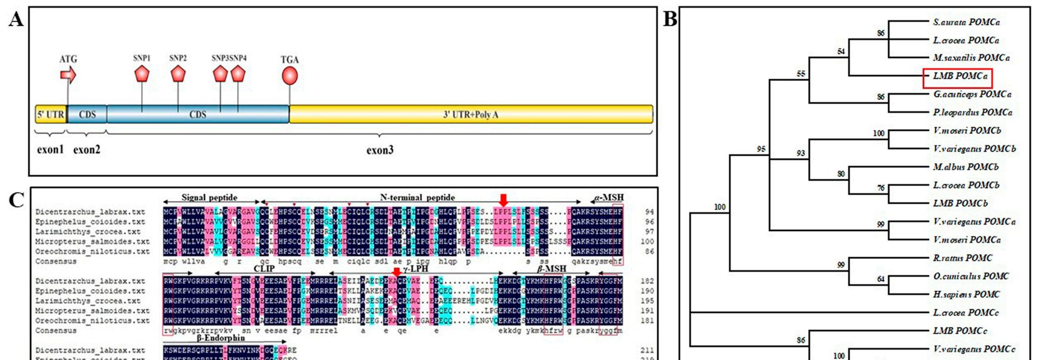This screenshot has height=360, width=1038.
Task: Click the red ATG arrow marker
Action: pyautogui.click(x=68, y=75)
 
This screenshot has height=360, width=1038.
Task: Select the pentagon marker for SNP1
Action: pyautogui.click(x=142, y=75)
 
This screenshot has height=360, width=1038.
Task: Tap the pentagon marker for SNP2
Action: pyautogui.click(x=178, y=74)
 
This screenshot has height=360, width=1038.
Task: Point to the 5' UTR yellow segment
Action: pyautogui.click(x=51, y=115)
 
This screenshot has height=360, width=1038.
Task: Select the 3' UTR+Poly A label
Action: pyautogui.click(x=470, y=115)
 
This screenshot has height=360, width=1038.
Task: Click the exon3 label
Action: pyautogui.click(x=380, y=150)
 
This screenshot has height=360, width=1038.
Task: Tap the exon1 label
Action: pyautogui.click(x=50, y=150)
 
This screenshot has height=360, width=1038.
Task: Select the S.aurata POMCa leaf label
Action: pyautogui.click(x=966, y=22)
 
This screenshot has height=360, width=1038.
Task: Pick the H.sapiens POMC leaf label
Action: pyautogui.click(x=966, y=294)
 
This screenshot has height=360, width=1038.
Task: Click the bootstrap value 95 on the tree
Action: pyautogui.click(x=761, y=149)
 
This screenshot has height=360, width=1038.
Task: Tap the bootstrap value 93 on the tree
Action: pyautogui.click(x=800, y=153)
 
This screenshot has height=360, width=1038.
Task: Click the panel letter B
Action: pyautogui.click(x=670, y=19)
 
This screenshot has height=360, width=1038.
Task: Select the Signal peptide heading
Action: pyautogui.click(x=209, y=197)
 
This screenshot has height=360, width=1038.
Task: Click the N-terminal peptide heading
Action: pyautogui.click(x=417, y=197)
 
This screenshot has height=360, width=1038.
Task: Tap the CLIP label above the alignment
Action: pyautogui.click(x=264, y=268)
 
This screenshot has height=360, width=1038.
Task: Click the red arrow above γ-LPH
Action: pyautogui.click(x=397, y=271)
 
